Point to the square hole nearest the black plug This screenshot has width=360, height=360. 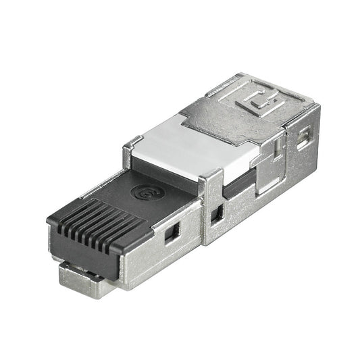[172, 233]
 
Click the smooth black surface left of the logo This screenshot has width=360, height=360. [111, 196]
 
